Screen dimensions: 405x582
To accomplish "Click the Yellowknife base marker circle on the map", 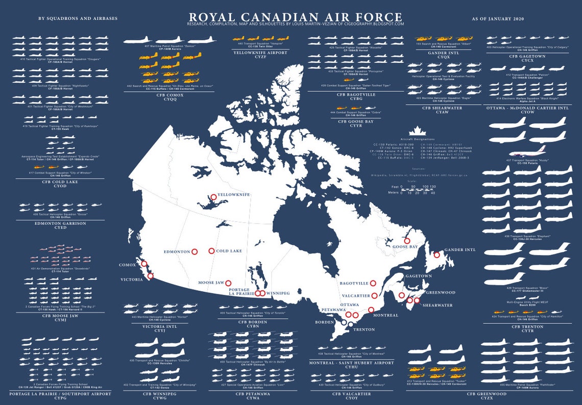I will [x=213, y=197].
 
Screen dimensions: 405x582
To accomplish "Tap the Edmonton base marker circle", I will [x=195, y=251].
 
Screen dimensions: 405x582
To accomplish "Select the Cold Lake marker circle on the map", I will [x=211, y=251].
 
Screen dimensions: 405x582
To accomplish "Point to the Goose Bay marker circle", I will [x=407, y=241].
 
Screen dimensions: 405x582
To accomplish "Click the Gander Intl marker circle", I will [x=436, y=255].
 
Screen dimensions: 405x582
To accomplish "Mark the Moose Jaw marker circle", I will [x=228, y=283].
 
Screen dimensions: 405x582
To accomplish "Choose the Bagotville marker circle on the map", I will [x=373, y=283].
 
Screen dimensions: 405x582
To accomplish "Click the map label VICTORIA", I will [x=132, y=280].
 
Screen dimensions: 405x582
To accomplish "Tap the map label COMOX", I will [x=127, y=265].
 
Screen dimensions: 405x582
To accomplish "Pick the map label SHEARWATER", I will [x=438, y=305].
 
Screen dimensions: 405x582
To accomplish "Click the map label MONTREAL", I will [x=385, y=315].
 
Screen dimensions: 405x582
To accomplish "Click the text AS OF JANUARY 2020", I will [x=498, y=18].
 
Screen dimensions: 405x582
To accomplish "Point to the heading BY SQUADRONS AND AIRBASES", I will [x=78, y=18].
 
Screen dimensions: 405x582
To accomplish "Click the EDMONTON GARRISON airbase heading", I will [x=60, y=223].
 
